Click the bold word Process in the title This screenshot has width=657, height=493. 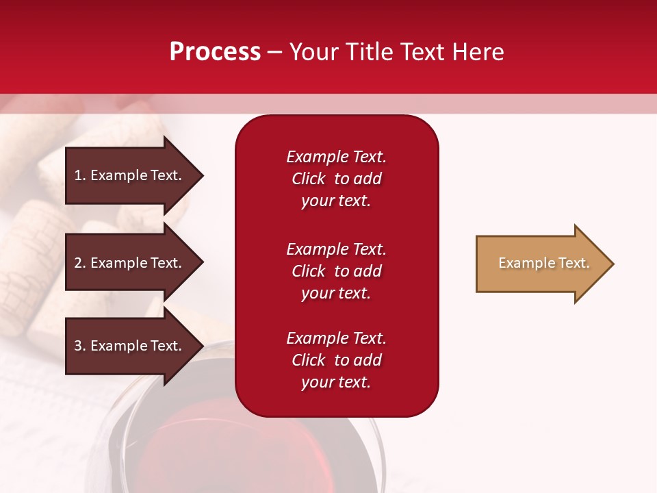[x=215, y=52]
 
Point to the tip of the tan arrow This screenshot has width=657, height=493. [x=611, y=264]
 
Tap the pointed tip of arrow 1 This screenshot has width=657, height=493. [x=201, y=175]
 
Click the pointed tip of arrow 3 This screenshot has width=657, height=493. [x=201, y=346]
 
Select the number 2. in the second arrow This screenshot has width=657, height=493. [x=80, y=263]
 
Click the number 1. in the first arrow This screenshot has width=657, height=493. [x=79, y=175]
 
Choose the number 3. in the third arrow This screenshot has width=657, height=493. [x=80, y=346]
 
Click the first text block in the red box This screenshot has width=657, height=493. [x=336, y=179]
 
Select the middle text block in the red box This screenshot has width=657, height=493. [x=336, y=271]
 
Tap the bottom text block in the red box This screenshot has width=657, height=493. [x=336, y=360]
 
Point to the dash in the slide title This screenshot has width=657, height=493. [x=274, y=53]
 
